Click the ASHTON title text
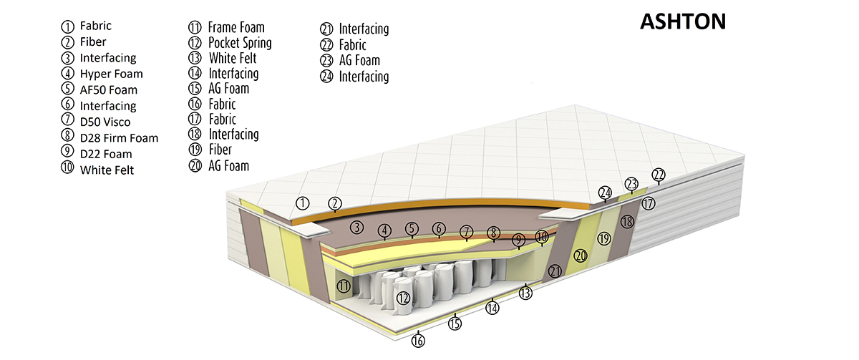coord(682,22)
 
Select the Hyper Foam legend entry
coord(111,74)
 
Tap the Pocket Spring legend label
coord(240,42)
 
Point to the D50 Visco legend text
coord(105,122)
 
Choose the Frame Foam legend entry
coord(236,27)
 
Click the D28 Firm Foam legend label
coord(119,137)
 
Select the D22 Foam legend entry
coord(106,153)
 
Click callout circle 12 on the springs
coord(403,298)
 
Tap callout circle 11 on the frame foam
coord(344,286)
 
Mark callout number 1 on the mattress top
coord(303,203)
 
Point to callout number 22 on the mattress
coord(659,175)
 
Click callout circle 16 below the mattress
coord(419,341)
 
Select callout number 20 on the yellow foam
coord(580,255)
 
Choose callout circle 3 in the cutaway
coord(356,228)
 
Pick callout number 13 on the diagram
coord(526,291)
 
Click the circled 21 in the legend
coord(327,29)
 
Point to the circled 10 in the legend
coord(69,170)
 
